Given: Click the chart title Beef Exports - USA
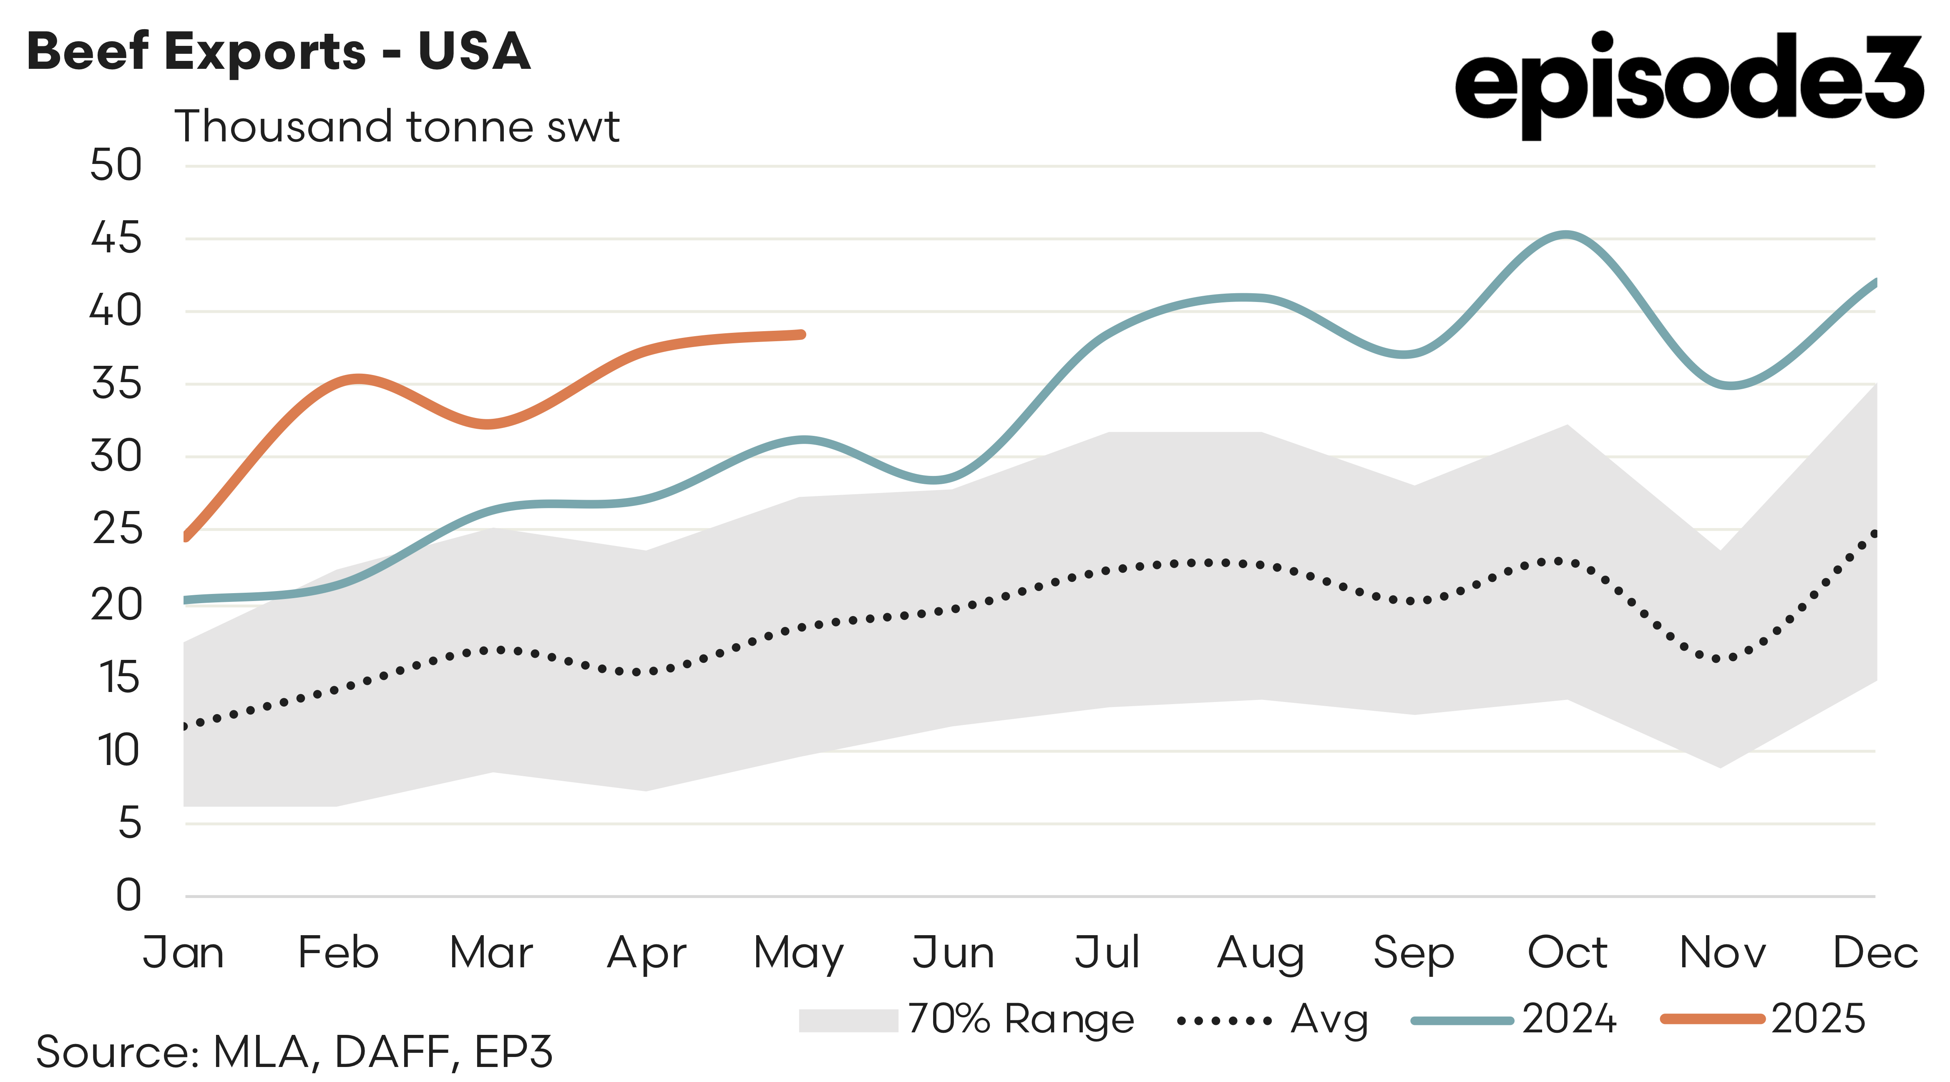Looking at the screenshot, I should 279,51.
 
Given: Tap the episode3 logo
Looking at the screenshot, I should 1688,83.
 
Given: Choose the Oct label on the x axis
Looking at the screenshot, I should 1567,953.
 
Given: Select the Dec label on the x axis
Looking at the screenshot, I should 1875,953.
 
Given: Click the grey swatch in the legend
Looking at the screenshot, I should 848,1020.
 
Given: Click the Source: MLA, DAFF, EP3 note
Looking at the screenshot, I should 294,1052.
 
